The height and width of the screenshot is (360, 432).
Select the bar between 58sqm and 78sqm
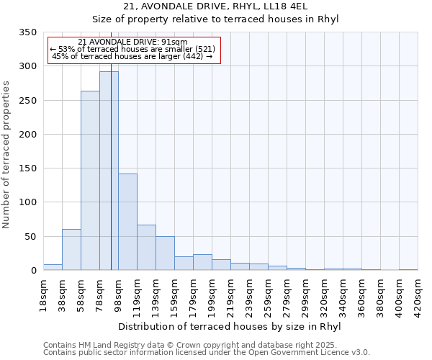point(90,180)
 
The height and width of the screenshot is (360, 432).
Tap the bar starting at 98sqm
point(127,222)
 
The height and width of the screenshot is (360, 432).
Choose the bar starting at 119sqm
point(146,247)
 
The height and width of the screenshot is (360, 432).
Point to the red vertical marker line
point(111,144)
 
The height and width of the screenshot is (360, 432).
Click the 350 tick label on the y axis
point(27,32)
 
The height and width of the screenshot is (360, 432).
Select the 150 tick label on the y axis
point(27,168)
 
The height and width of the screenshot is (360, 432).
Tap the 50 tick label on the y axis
point(30,236)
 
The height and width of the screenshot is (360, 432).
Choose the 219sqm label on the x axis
point(230,295)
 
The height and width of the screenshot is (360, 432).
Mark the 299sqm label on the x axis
point(305,295)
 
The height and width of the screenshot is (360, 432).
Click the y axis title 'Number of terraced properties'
point(6,154)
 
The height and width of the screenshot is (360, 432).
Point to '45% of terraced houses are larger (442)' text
point(132,57)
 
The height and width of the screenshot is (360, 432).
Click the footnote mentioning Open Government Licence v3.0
point(207,353)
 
